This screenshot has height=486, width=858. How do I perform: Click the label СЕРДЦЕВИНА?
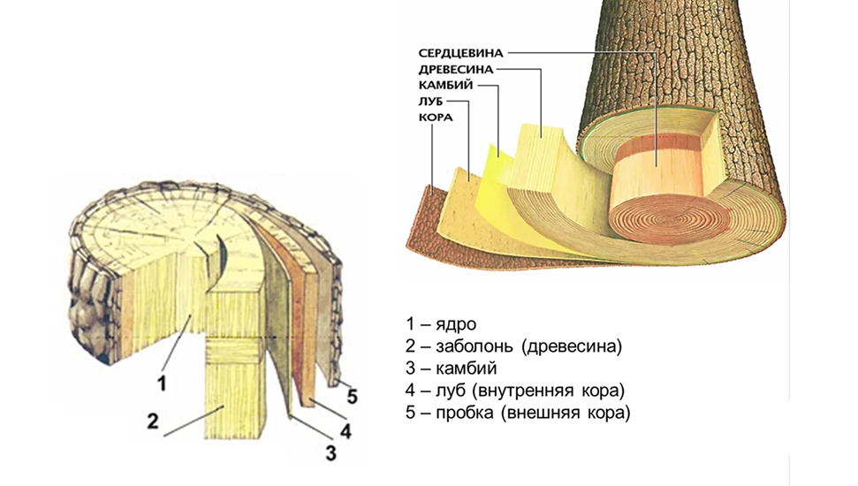point(460,52)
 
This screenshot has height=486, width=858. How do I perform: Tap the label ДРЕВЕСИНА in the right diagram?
point(455,69)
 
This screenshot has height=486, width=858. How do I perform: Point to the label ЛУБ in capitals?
point(430,102)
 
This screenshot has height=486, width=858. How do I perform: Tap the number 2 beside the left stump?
point(152,421)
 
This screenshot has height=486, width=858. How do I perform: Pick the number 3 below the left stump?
point(330,454)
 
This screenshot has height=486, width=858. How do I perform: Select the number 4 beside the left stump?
point(345,432)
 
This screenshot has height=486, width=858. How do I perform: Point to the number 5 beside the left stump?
point(352,396)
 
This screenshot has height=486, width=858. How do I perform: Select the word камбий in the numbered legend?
point(462,368)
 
